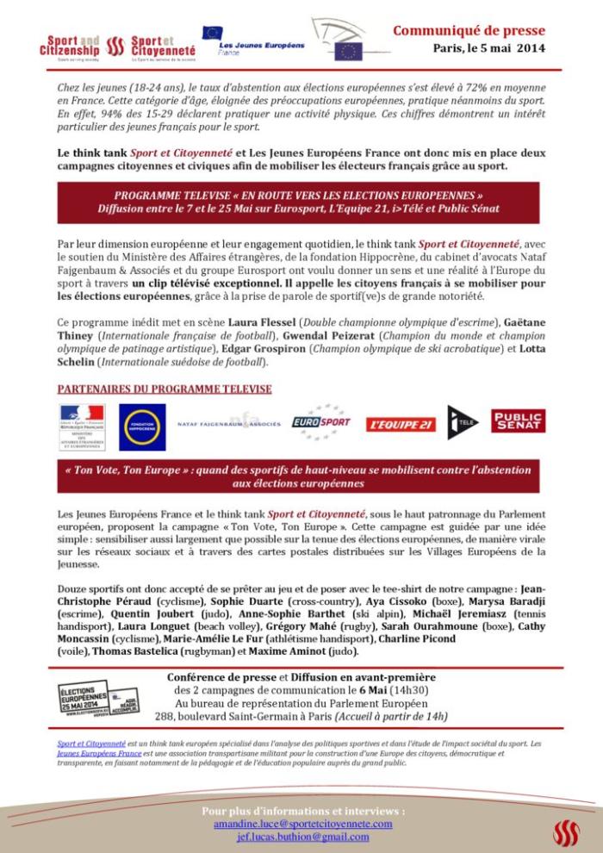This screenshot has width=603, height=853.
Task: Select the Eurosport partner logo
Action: [320, 422]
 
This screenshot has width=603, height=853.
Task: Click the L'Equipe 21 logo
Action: [401, 424]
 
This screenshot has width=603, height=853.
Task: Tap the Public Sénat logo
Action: [518, 420]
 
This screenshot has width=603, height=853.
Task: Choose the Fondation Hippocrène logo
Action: [142, 421]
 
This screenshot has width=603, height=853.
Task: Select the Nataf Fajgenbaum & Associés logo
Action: [228, 424]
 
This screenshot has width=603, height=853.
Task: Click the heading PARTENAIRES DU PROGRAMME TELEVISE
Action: [164, 389]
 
